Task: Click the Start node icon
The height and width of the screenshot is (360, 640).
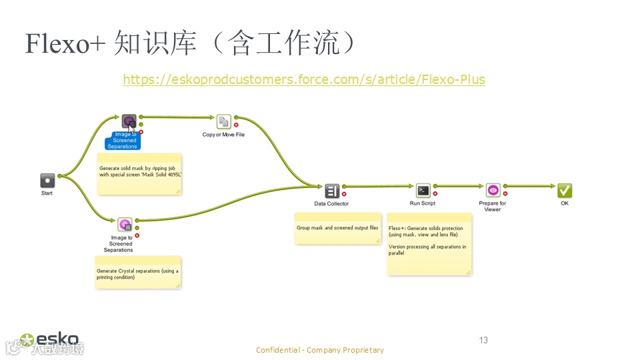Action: pos(47,180)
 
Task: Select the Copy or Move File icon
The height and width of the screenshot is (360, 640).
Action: pos(223,121)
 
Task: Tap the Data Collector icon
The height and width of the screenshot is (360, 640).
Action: pos(332,191)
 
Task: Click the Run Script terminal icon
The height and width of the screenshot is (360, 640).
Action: pos(423,191)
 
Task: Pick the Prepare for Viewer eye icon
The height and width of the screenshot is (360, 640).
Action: pos(493,191)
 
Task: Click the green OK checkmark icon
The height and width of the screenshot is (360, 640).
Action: pos(565,191)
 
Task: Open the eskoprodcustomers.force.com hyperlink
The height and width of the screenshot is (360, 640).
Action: pos(304,79)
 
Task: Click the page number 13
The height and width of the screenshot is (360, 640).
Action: pos(483,340)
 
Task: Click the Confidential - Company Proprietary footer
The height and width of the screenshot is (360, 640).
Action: pos(320,350)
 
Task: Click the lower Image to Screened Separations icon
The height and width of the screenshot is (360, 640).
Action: pos(125,224)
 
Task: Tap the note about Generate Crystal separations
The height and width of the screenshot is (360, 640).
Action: pos(138,273)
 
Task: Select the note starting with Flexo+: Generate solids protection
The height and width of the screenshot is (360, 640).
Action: pos(429,243)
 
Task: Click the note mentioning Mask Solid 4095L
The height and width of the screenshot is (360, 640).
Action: pos(140,174)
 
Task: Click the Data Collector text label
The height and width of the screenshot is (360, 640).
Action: pos(331,203)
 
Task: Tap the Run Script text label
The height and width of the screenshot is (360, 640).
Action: pos(423,203)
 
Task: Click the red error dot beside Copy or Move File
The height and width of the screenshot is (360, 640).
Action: pos(236,125)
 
